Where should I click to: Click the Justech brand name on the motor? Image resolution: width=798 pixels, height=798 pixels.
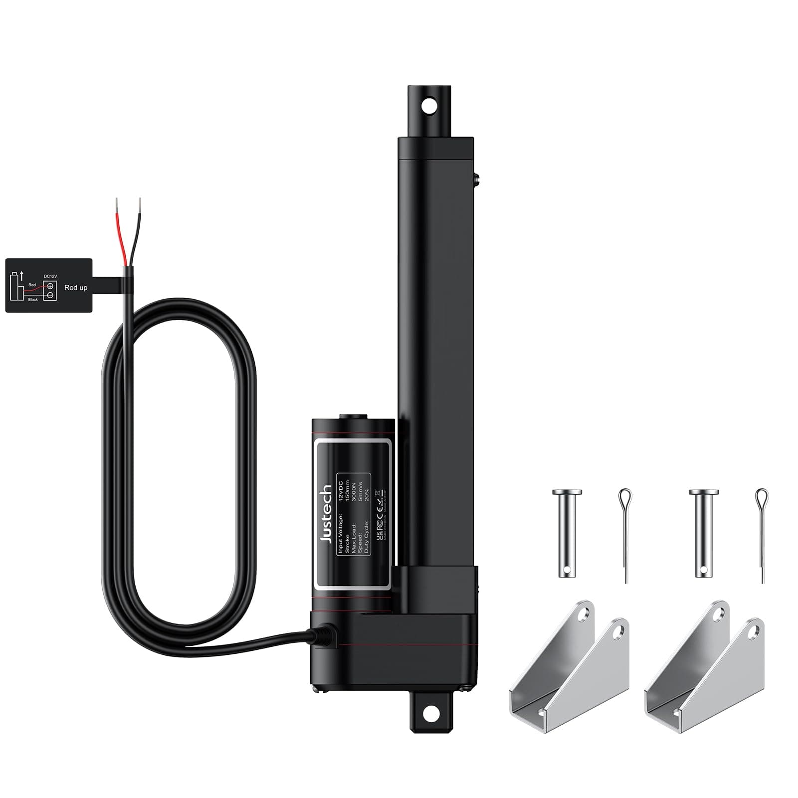(x=327, y=514)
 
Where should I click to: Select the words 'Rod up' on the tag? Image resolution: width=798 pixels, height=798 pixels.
(x=76, y=288)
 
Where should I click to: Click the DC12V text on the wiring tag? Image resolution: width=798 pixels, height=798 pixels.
(x=50, y=276)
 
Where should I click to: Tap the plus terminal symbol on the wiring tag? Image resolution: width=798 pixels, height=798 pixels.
(x=50, y=286)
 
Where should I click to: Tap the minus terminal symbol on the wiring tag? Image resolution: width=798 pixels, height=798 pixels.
(x=50, y=295)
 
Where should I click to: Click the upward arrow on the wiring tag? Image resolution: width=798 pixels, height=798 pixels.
(x=21, y=275)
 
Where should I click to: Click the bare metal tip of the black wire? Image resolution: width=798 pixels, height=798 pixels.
(x=140, y=204)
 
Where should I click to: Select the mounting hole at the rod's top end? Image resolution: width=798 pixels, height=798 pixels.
(x=427, y=105)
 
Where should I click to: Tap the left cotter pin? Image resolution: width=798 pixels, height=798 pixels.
(x=625, y=534)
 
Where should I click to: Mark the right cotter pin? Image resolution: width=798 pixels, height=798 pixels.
(x=761, y=534)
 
